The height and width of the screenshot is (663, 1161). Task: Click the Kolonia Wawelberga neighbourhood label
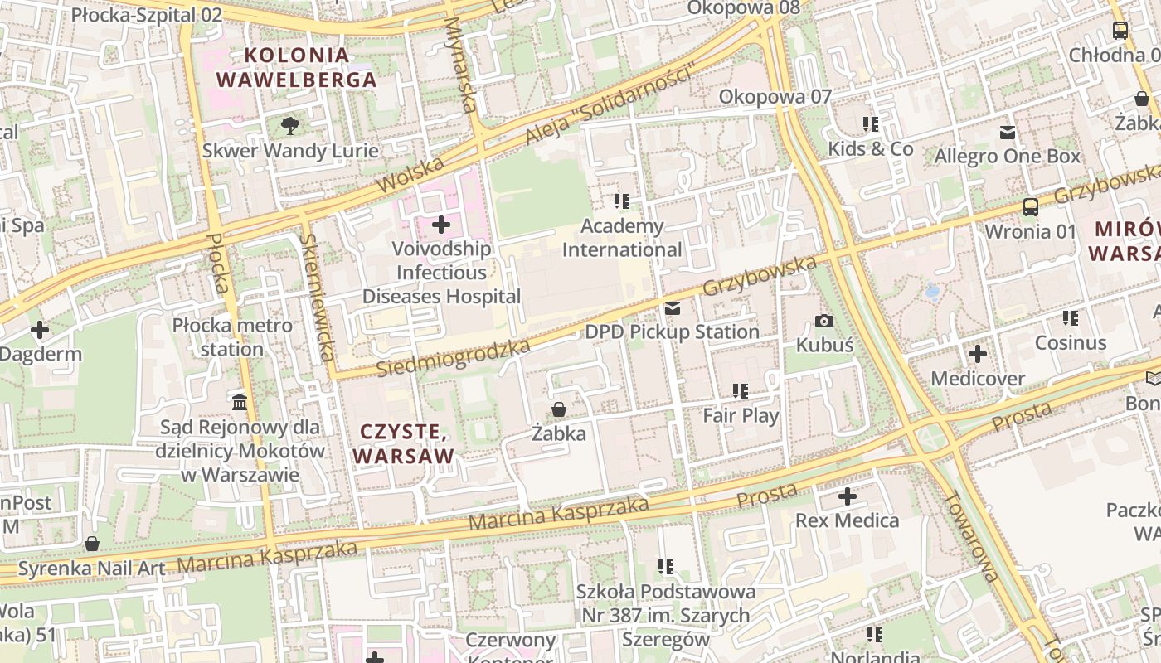pos(296,68)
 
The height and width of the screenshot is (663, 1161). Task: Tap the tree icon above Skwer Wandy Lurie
pos(289,126)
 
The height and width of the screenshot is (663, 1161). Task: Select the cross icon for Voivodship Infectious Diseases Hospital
pos(441,225)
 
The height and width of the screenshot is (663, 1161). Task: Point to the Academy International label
pos(622,238)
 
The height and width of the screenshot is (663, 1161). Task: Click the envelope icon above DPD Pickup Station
pos(673,308)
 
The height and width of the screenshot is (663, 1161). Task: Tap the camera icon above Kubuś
pos(824,321)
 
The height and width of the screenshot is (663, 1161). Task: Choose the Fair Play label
pos(741,415)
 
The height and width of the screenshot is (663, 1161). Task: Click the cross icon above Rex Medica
pos(847,497)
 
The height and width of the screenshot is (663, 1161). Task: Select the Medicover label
pos(978,379)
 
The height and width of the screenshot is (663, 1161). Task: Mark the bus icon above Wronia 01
pos(1030,207)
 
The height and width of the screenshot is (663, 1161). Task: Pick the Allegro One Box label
pos(1008,156)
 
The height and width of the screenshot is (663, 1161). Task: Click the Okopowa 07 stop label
pos(775,96)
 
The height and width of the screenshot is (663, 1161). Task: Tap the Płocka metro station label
pos(232,337)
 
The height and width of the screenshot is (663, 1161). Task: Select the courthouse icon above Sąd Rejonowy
pos(240,403)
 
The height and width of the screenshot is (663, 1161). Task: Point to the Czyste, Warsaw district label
pos(404,443)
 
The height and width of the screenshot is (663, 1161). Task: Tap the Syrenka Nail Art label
pos(91,569)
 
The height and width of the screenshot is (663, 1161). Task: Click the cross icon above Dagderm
pos(39,330)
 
